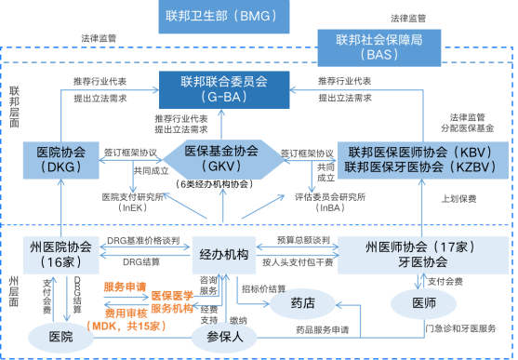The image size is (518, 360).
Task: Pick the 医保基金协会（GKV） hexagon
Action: (x=221, y=158)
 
